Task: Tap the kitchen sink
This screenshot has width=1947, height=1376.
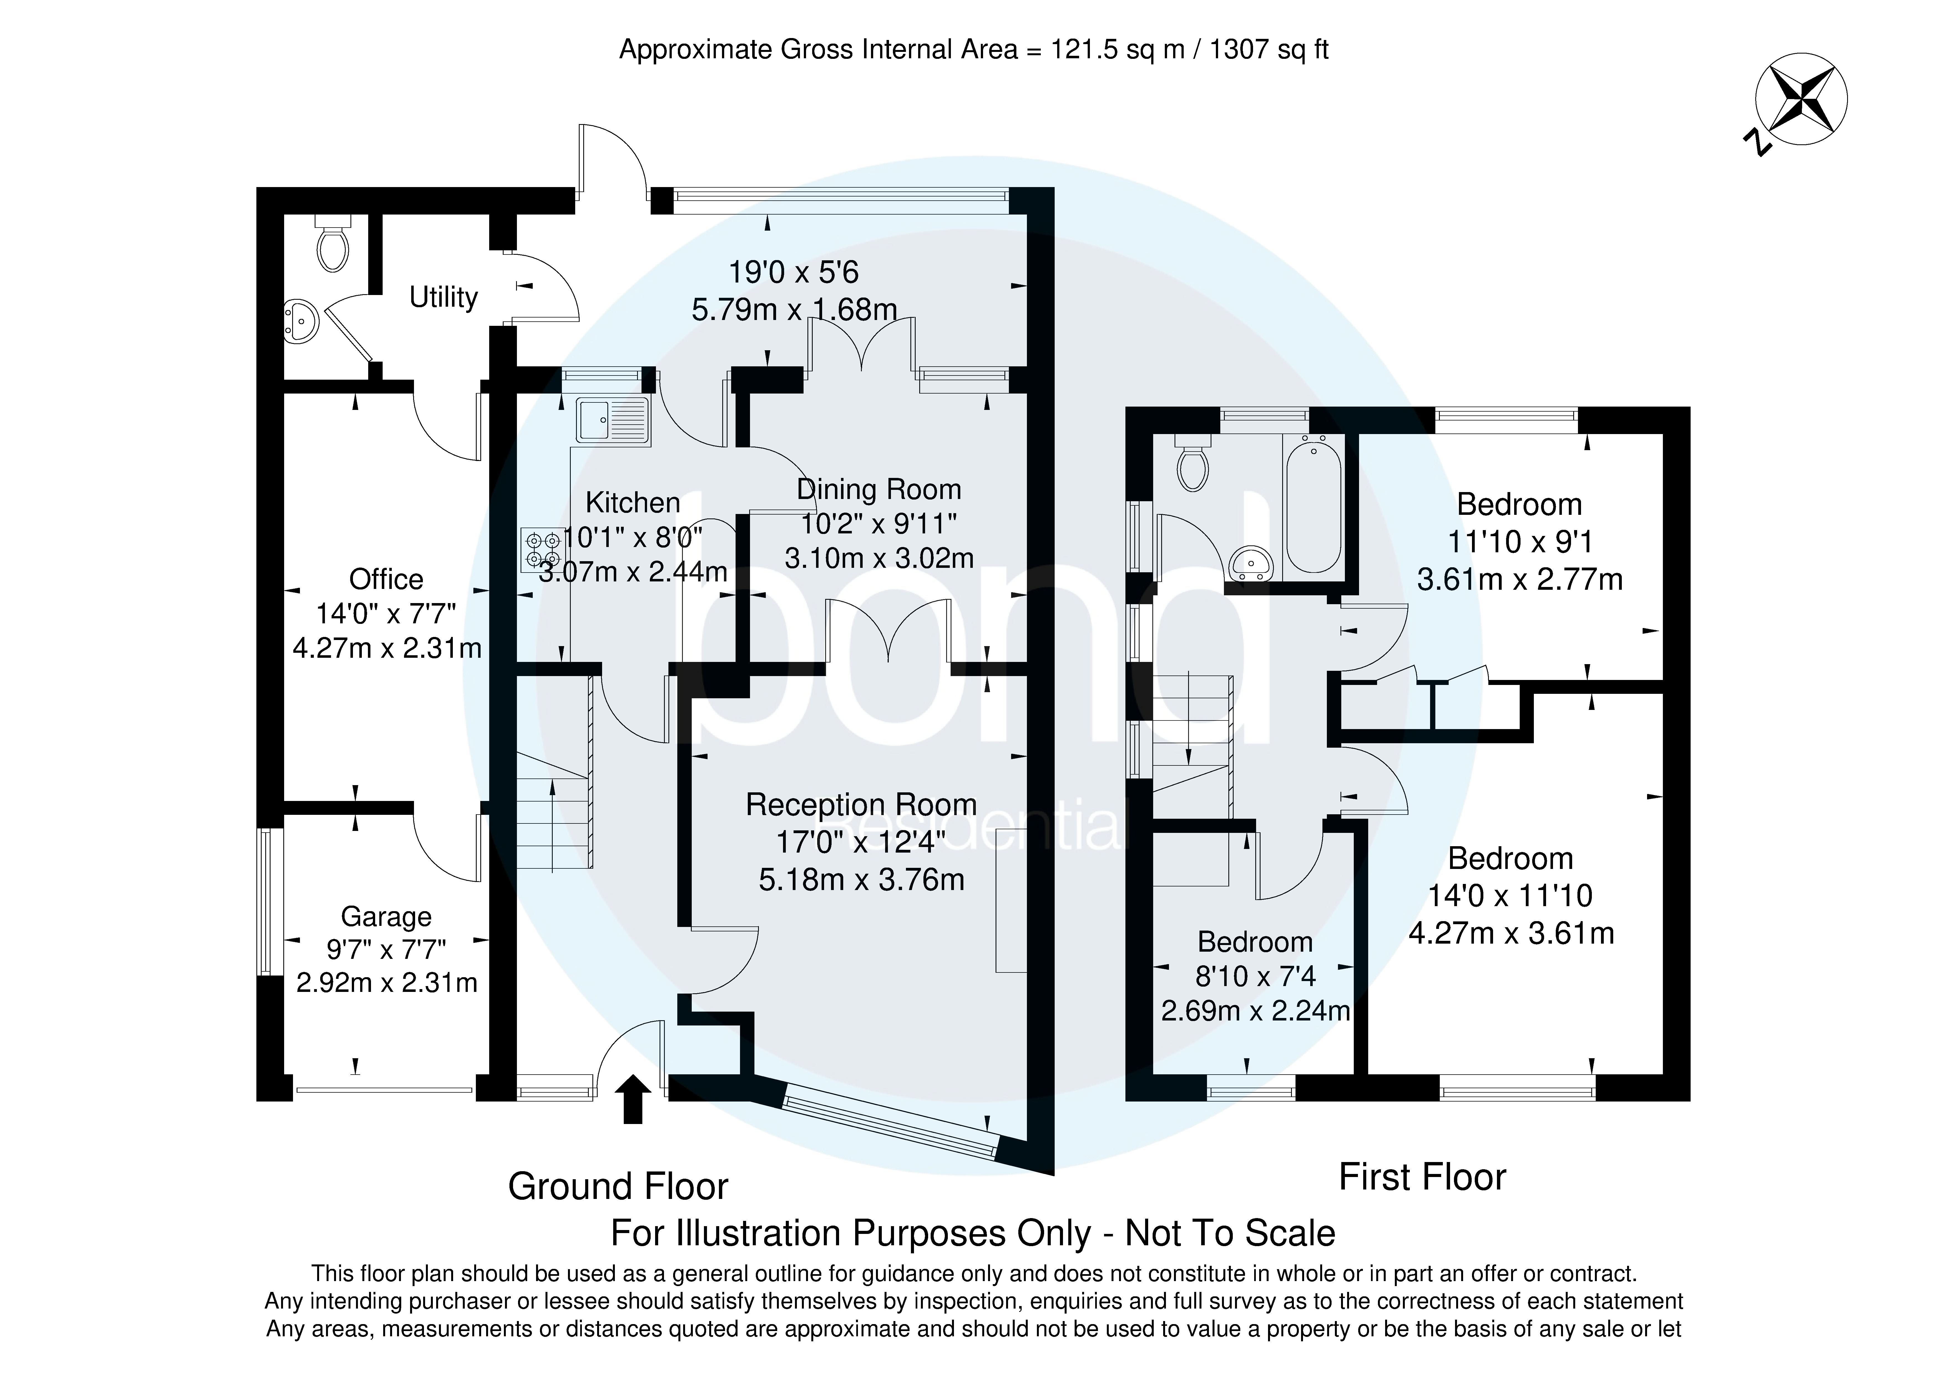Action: (x=612, y=421)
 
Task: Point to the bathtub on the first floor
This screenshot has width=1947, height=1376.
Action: (x=1313, y=505)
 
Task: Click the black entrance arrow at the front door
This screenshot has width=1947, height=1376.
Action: (x=633, y=1100)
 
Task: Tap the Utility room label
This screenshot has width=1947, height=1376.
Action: (x=443, y=298)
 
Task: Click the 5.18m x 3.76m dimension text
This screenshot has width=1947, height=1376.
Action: (x=862, y=880)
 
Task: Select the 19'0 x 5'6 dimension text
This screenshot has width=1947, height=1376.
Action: (x=794, y=272)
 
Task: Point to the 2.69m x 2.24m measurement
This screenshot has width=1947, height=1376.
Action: (x=1255, y=1011)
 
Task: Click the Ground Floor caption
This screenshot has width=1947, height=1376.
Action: (x=618, y=1187)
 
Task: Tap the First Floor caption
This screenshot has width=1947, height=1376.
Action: (x=1422, y=1178)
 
